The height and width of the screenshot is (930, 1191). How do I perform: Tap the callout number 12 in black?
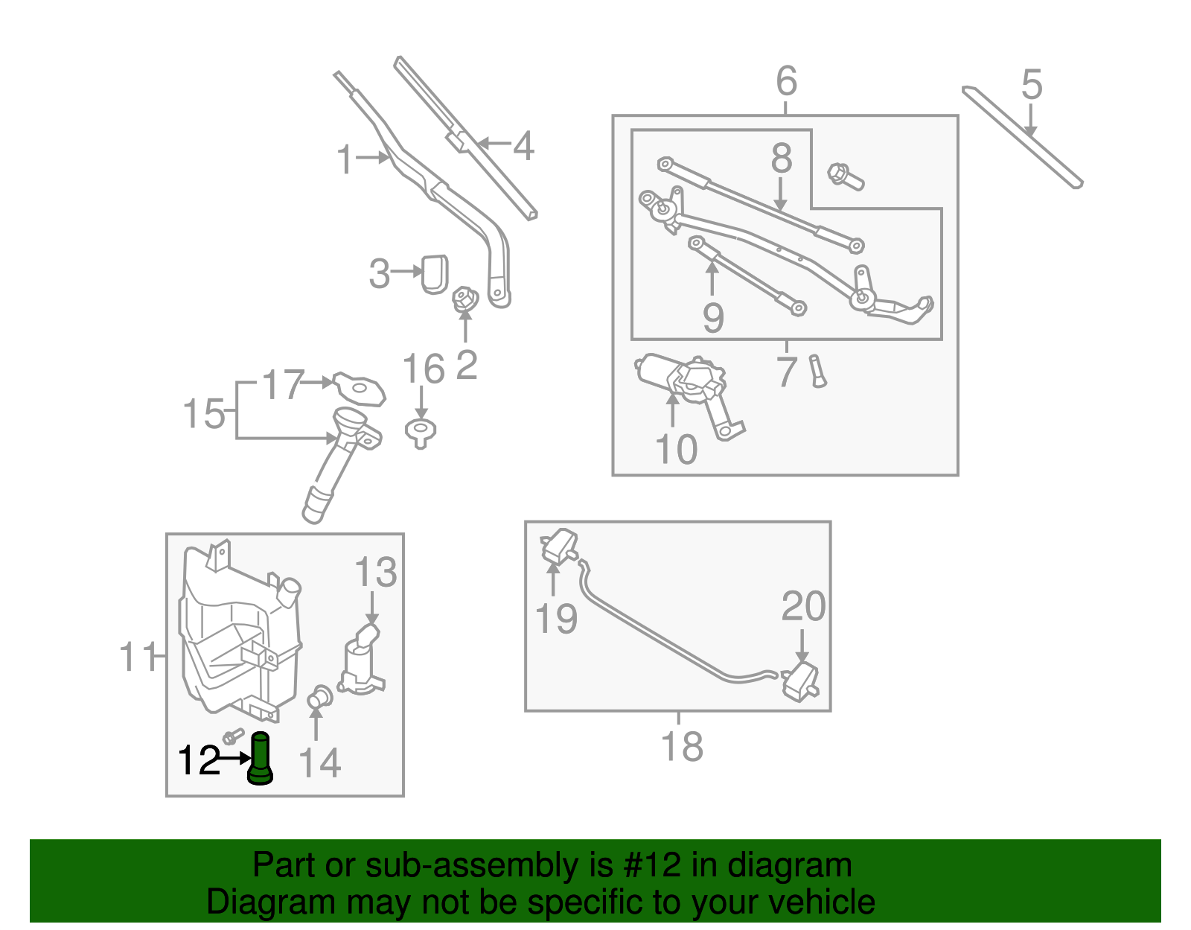[x=199, y=760]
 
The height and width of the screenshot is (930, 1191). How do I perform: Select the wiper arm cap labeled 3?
[x=435, y=273]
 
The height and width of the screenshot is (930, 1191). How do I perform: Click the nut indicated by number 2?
[x=465, y=299]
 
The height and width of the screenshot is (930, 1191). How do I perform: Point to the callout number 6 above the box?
[x=786, y=81]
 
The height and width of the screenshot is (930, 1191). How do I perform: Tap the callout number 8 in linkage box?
[x=781, y=159]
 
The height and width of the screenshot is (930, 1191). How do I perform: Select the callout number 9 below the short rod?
[x=712, y=318]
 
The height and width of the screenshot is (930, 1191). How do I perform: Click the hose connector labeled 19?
[x=560, y=547]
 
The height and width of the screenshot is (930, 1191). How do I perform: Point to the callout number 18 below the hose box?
[x=681, y=746]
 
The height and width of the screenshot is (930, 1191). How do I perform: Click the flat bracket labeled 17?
[x=360, y=388]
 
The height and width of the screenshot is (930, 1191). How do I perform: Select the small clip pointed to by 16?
[x=421, y=432]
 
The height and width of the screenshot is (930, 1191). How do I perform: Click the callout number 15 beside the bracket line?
[x=203, y=413]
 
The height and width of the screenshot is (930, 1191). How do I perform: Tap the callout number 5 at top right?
[x=1031, y=85]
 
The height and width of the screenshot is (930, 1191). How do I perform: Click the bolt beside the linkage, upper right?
[x=845, y=176]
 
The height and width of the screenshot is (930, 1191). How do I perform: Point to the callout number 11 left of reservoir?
[x=138, y=657]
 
